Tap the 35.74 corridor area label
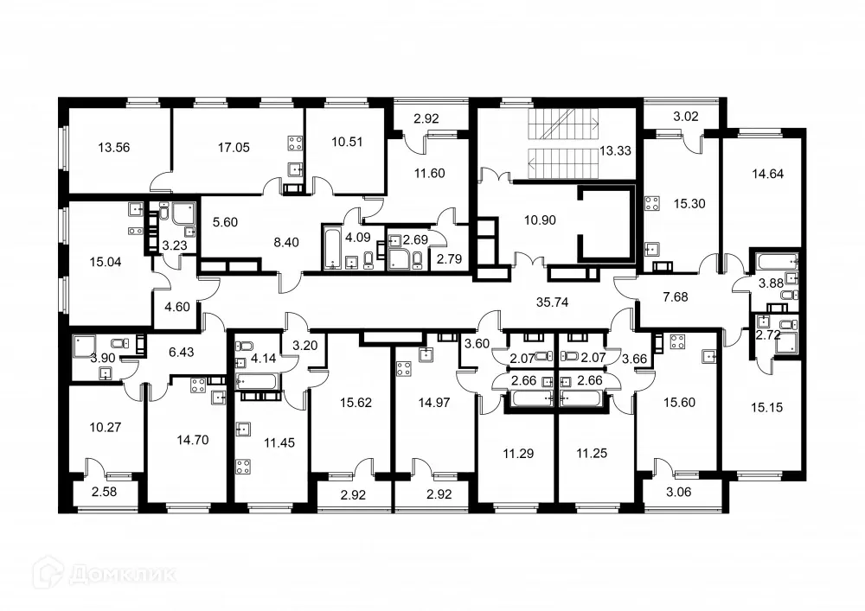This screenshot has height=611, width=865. click(551, 302)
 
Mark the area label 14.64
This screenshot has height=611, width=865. click(766, 173)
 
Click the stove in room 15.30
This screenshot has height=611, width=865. click(652, 205)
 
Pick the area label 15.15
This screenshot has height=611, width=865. click(766, 406)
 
